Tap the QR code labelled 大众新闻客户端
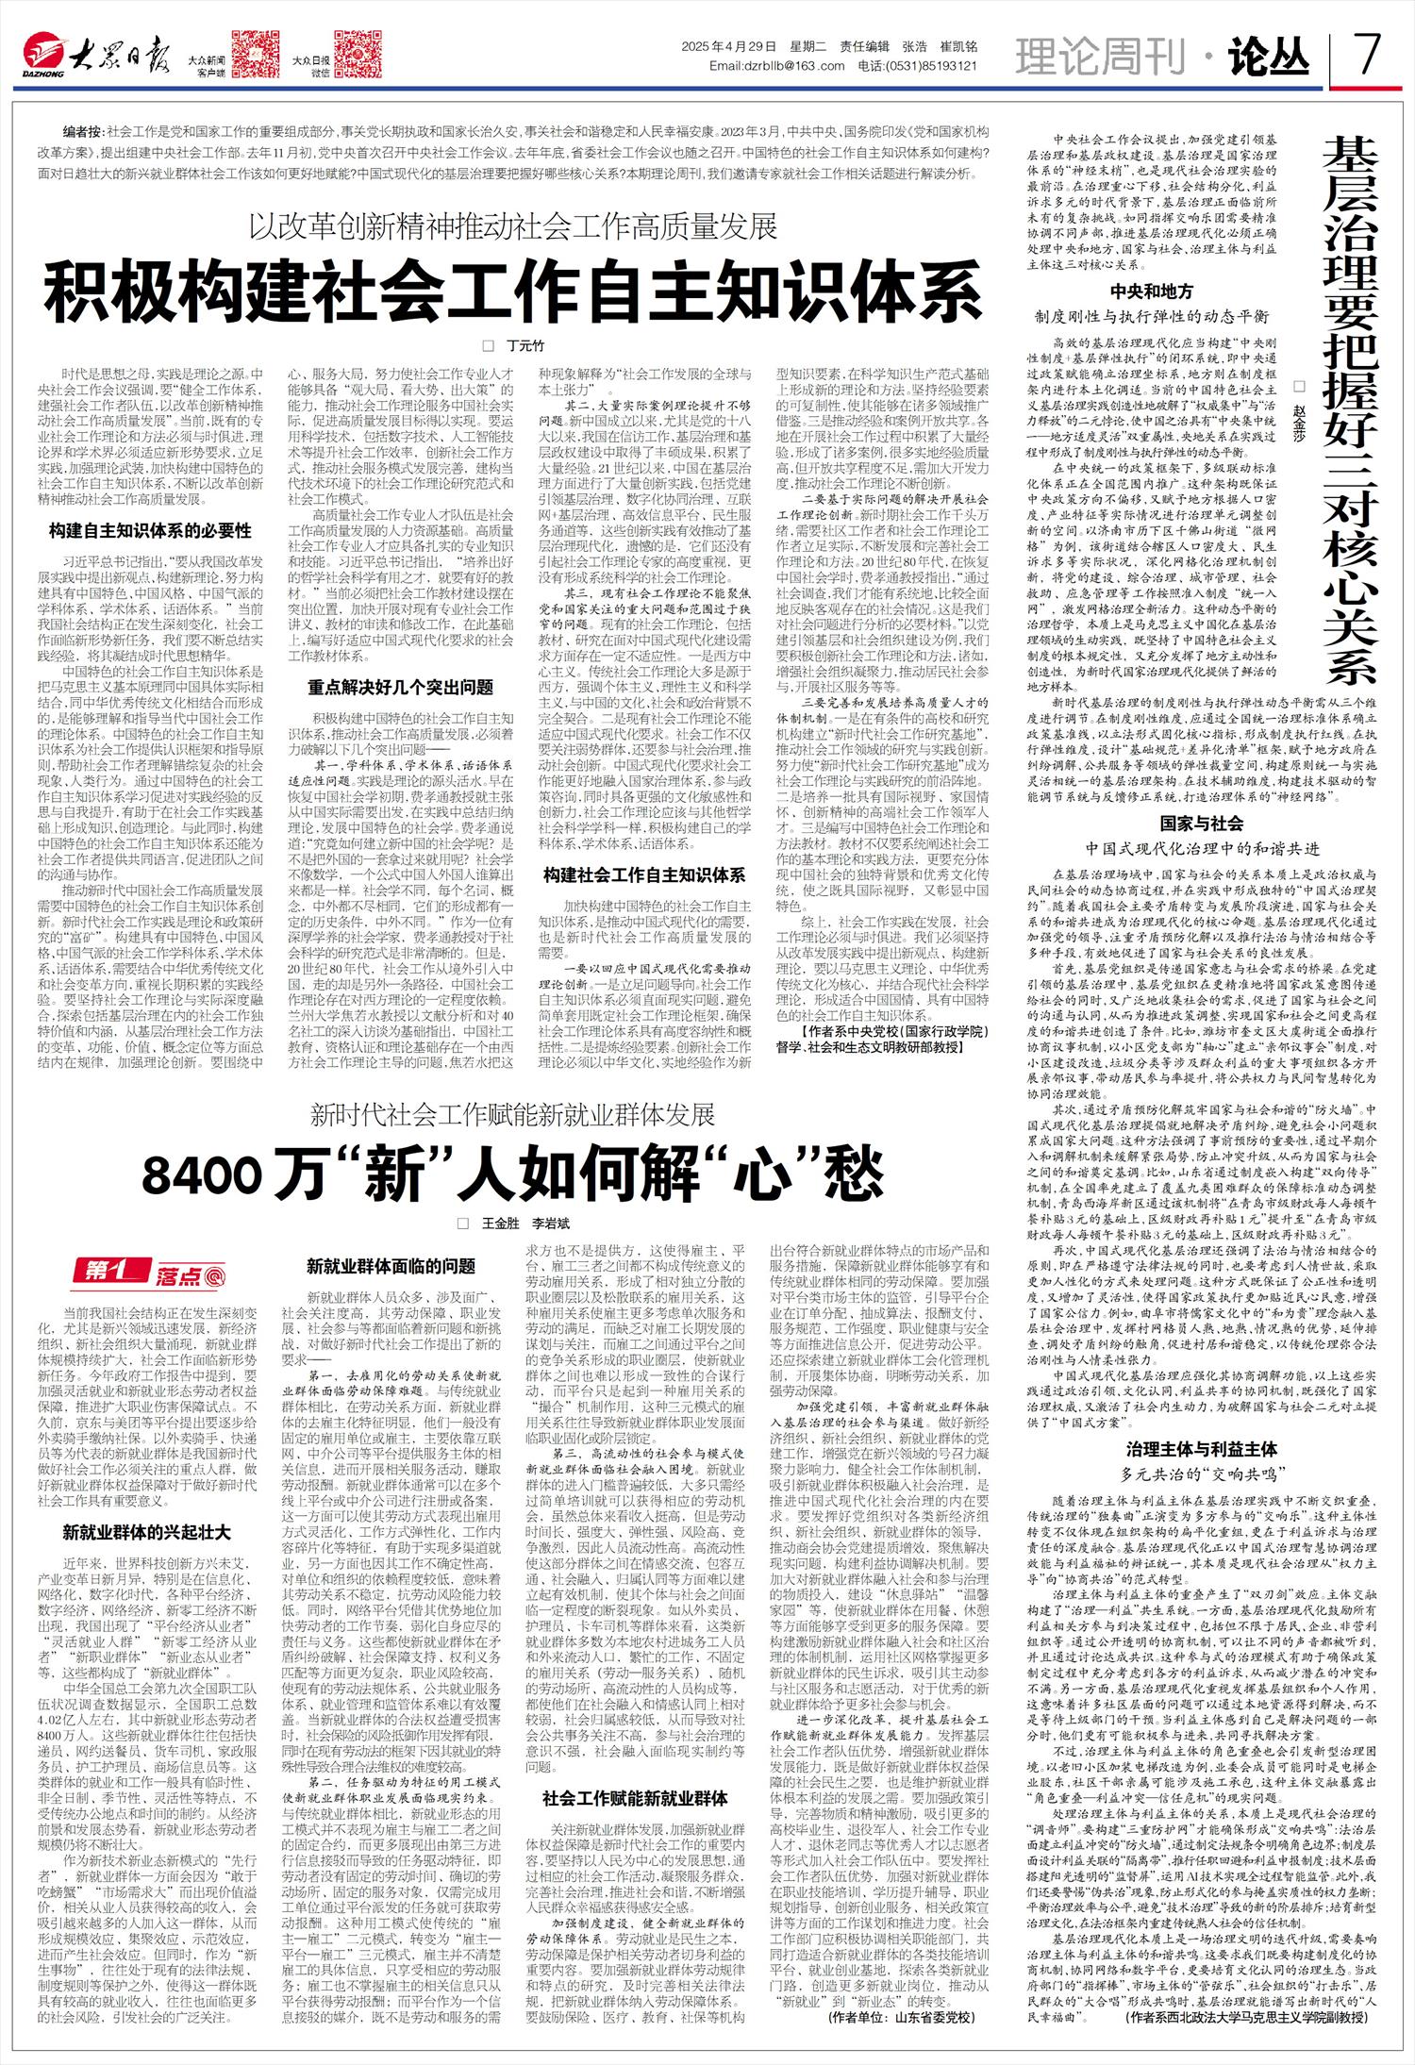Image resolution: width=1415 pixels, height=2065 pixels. point(255,55)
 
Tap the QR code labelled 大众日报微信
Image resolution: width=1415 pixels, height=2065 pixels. point(358,55)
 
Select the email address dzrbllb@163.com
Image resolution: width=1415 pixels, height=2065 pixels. point(776,66)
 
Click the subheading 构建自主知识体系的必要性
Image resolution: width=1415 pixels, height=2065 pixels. point(150,530)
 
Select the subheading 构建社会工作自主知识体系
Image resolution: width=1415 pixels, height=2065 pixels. point(643,874)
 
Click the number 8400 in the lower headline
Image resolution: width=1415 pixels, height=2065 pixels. point(202,1174)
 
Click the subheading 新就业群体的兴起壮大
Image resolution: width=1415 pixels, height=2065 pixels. point(146,1531)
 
